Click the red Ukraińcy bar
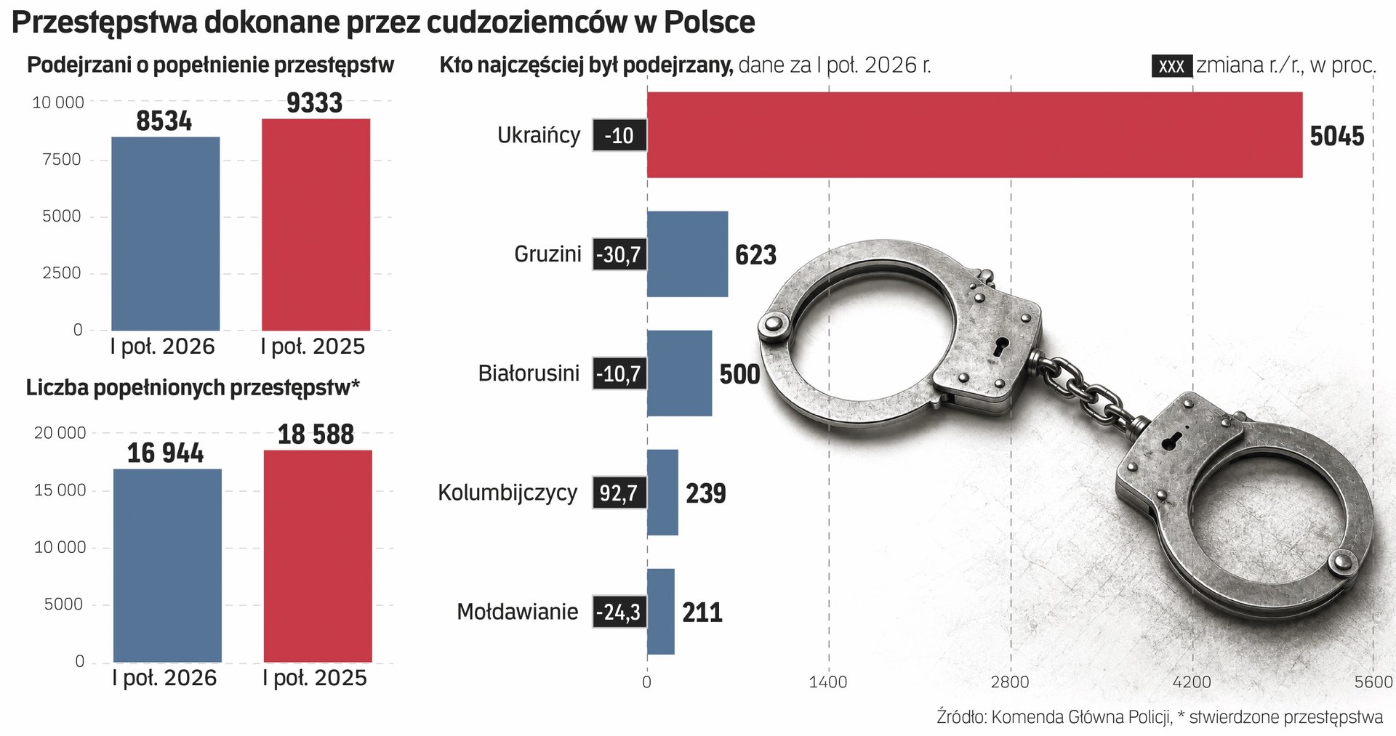[974, 134]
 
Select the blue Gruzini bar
[687, 254]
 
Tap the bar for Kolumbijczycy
[662, 493]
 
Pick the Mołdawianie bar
[661, 612]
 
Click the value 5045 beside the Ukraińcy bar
[1336, 136]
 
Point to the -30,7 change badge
[619, 254]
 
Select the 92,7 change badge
[619, 493]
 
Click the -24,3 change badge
[619, 612]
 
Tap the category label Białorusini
[529, 373]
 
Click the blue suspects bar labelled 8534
[165, 233]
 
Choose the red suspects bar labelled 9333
[316, 225]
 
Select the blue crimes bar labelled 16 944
[167, 565]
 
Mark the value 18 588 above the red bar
[316, 434]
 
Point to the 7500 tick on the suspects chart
[62, 160]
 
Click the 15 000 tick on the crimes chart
[60, 490]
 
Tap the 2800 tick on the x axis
[1011, 682]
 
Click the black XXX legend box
[1171, 66]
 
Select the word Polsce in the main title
[709, 23]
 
